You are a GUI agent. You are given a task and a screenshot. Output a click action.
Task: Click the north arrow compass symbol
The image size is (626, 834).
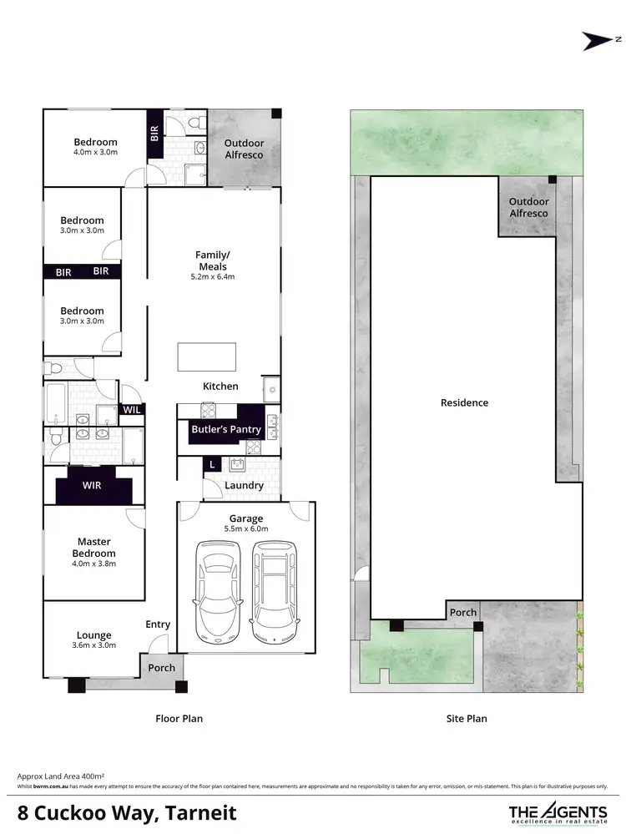click(x=599, y=39)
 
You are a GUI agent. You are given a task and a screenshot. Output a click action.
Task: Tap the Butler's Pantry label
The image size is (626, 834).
click(x=226, y=430)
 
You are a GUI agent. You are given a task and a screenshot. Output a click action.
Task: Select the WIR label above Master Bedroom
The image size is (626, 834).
click(x=93, y=485)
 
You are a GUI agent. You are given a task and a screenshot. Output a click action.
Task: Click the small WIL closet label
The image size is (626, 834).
click(x=132, y=410)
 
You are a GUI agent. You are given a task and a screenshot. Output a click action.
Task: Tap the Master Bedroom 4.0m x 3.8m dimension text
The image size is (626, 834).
click(x=93, y=564)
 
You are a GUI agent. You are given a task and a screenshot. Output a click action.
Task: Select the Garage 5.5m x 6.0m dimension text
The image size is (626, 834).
click(x=246, y=529)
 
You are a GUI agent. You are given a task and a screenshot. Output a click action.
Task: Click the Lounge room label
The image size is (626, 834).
click(x=93, y=635)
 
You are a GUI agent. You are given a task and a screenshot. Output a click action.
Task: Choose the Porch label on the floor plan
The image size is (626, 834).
click(x=162, y=668)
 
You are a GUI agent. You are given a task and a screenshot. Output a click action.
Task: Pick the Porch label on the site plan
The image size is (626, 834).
click(x=463, y=612)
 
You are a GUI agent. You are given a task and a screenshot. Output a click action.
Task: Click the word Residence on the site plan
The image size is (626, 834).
click(x=465, y=402)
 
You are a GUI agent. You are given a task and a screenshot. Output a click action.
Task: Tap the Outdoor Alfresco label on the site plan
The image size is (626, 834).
click(x=529, y=207)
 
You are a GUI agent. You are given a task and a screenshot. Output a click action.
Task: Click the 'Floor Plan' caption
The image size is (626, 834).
click(x=179, y=718)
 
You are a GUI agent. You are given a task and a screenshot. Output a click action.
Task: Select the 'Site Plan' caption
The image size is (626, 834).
click(x=465, y=718)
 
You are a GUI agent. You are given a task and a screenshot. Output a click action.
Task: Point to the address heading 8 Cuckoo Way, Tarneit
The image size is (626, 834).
click(x=128, y=812)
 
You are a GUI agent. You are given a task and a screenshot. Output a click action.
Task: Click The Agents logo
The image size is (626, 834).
click(x=558, y=812)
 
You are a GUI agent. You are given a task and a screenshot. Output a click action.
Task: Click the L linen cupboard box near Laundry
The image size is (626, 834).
click(x=212, y=463)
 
